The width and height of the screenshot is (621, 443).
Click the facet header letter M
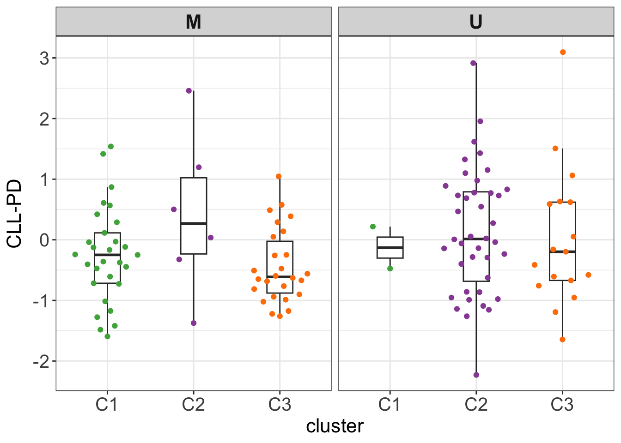coord(193,22)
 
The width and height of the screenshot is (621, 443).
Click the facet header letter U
coord(476,22)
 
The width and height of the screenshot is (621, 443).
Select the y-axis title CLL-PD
coord(14,214)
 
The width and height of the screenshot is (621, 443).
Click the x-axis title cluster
coord(335,426)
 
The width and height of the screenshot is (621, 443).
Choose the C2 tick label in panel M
coord(193,405)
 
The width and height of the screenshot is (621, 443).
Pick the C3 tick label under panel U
coord(562,405)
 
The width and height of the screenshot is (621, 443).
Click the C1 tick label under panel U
coord(390,405)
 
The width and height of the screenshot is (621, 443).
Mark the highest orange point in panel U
coord(563,52)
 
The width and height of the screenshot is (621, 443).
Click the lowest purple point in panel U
coord(476,375)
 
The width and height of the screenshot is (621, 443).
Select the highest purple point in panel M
coord(189,91)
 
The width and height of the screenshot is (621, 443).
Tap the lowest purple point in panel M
coord(194,323)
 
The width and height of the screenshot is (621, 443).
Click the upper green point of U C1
coord(373,227)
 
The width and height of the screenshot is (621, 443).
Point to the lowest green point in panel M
coord(108,336)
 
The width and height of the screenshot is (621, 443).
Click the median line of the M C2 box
coord(194,223)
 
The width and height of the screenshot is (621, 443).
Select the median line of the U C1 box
coord(390,247)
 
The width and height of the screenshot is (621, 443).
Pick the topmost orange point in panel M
coord(279,176)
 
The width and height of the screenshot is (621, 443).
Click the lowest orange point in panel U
coord(562,340)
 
